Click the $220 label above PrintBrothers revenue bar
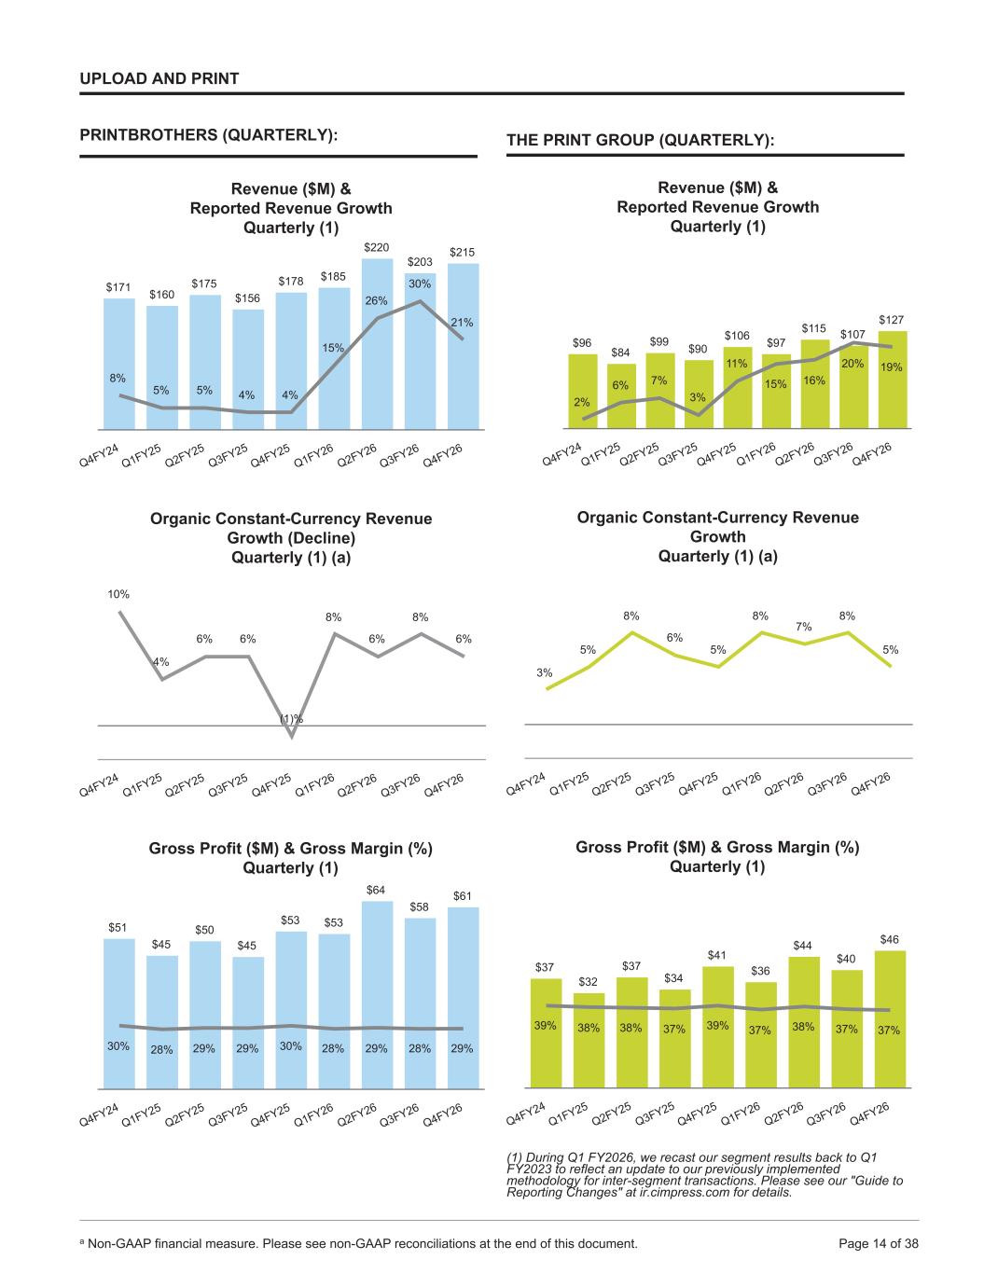[376, 247]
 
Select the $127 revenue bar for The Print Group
[893, 380]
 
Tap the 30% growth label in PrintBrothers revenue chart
[420, 284]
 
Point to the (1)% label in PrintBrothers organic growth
[291, 719]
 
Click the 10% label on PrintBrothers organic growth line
[118, 594]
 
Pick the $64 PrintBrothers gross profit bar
[377, 995]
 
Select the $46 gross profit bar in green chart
[891, 1020]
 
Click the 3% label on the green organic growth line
[544, 672]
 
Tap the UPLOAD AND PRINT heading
[159, 78]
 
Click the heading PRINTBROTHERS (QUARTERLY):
[209, 134]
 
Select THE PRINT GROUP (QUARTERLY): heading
[641, 140]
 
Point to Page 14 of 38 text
[879, 1243]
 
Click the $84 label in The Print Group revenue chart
[620, 353]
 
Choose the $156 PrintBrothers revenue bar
[248, 369]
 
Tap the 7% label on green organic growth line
[804, 627]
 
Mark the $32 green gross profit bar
[589, 1041]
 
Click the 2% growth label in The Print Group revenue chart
[582, 402]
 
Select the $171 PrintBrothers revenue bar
[119, 365]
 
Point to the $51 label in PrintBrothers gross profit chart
[118, 927]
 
